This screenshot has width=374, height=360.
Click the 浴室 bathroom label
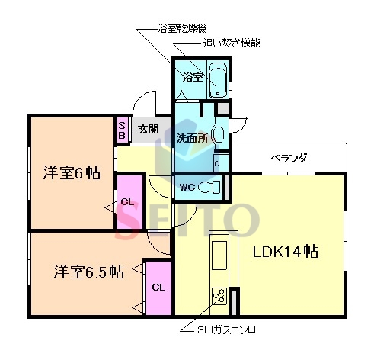[x=192, y=77]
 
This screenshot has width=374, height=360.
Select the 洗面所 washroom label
[x=192, y=139]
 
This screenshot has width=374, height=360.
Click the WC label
[x=189, y=187]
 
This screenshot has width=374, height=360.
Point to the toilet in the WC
[x=215, y=186]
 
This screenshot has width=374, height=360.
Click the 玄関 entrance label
[x=149, y=129]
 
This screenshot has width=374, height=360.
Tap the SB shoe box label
[x=122, y=130]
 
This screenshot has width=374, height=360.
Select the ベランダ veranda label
[x=289, y=159]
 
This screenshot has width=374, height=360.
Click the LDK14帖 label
[x=286, y=252]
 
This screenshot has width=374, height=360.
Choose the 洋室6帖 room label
[x=71, y=172]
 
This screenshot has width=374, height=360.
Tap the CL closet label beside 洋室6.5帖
[x=158, y=288]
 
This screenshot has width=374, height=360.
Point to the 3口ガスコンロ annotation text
[x=229, y=331]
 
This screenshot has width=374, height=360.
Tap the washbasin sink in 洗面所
[x=217, y=137]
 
